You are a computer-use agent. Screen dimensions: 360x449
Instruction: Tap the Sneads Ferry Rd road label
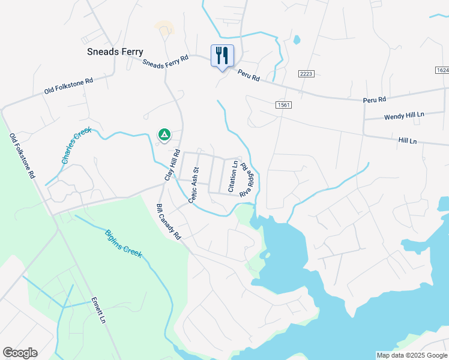click(x=166, y=61)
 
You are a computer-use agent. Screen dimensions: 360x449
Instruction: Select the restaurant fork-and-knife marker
click(x=222, y=56)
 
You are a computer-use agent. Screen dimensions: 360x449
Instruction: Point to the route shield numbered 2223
click(x=306, y=73)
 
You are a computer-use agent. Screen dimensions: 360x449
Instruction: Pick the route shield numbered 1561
click(x=284, y=105)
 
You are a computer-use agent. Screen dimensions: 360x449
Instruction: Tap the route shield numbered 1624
click(x=441, y=70)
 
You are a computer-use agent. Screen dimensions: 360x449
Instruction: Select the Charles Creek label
click(x=76, y=146)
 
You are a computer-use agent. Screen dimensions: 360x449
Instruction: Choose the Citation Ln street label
click(x=232, y=176)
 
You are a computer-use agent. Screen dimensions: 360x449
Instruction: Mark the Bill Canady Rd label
click(x=169, y=222)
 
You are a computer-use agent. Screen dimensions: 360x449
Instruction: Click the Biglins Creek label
click(x=124, y=244)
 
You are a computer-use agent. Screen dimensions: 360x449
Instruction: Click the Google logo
click(x=20, y=353)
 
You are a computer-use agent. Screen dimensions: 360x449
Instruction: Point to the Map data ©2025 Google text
click(x=412, y=355)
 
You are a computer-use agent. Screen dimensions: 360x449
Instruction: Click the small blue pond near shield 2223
click(x=297, y=41)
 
